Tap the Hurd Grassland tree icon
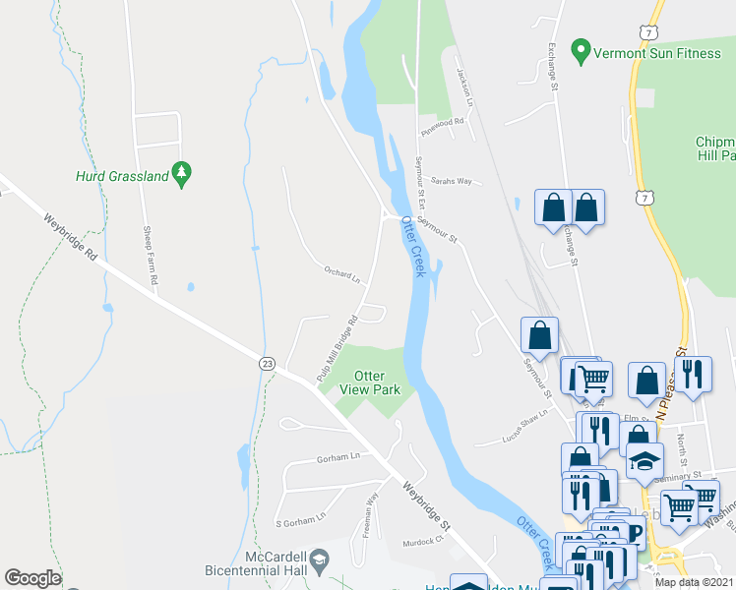(180, 174)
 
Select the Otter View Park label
(369, 383)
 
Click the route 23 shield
(267, 363)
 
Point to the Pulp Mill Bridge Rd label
(337, 347)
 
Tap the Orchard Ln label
(342, 274)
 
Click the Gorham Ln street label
(338, 457)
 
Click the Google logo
(32, 577)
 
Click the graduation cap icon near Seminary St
(644, 458)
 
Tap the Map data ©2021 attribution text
(694, 582)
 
